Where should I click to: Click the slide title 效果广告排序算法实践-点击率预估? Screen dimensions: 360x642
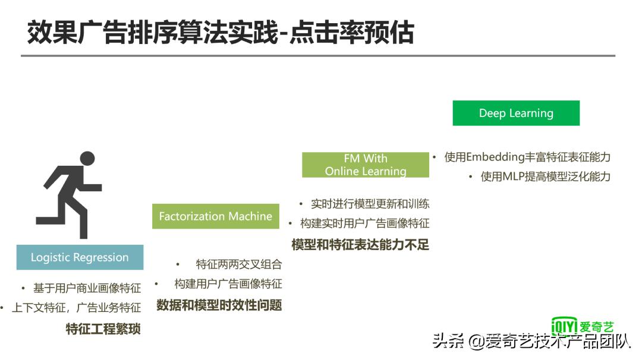click(220, 33)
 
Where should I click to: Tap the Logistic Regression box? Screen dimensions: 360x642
click(80, 257)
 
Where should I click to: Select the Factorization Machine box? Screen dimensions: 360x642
click(215, 216)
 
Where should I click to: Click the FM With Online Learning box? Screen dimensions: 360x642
click(365, 165)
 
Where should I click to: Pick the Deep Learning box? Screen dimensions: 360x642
click(515, 113)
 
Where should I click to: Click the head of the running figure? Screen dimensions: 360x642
click(87, 159)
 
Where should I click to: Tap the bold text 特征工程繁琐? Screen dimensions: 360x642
click(103, 329)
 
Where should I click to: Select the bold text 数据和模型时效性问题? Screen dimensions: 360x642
click(219, 305)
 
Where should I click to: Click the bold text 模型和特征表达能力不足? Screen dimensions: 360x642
click(360, 244)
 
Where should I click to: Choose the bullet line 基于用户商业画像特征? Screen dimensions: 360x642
click(87, 288)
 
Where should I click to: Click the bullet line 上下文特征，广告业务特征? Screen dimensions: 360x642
click(76, 308)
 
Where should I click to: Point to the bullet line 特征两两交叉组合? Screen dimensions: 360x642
click(238, 264)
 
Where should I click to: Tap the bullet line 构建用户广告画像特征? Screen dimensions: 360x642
click(228, 283)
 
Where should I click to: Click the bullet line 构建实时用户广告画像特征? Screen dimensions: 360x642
click(364, 223)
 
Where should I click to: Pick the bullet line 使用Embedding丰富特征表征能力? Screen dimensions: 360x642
click(527, 157)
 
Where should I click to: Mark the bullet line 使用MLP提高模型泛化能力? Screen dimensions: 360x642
click(545, 176)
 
